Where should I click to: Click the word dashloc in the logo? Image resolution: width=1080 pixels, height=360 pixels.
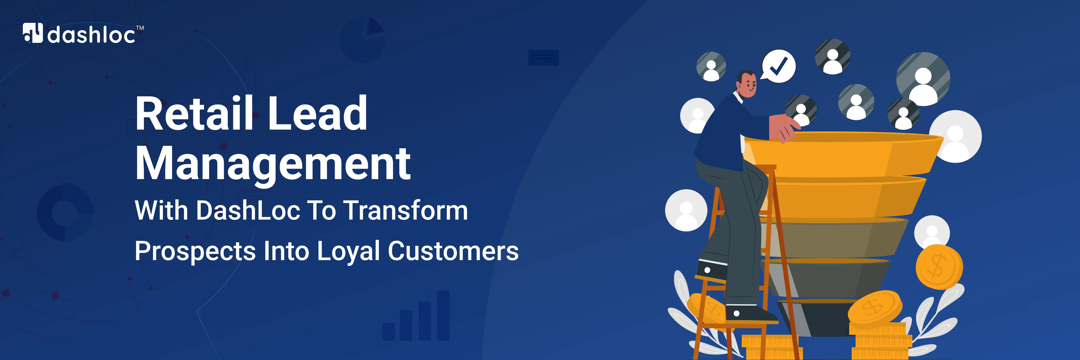[x=91, y=34]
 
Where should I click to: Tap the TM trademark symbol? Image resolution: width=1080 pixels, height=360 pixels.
[x=140, y=28]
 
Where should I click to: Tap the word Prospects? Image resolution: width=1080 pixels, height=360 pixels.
[x=195, y=252]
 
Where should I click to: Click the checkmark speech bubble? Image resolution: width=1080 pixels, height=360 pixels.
[x=778, y=66]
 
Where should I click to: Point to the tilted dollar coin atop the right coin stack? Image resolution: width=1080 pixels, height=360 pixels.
[x=875, y=309]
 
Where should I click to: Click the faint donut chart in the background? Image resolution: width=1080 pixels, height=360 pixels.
[x=65, y=212]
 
